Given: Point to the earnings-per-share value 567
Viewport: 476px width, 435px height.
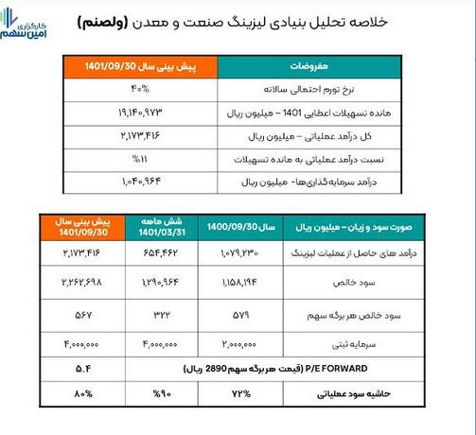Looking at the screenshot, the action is (78, 314).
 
